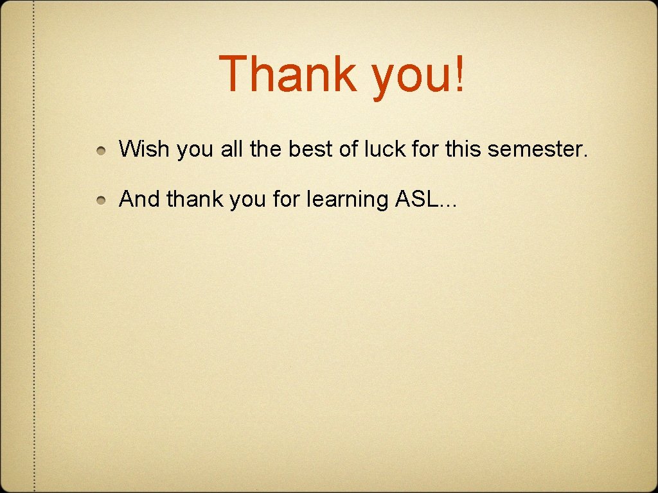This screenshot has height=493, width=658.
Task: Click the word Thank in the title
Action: (288, 73)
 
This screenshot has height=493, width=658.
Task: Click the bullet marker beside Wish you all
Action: (102, 150)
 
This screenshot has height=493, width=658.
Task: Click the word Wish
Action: (145, 150)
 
